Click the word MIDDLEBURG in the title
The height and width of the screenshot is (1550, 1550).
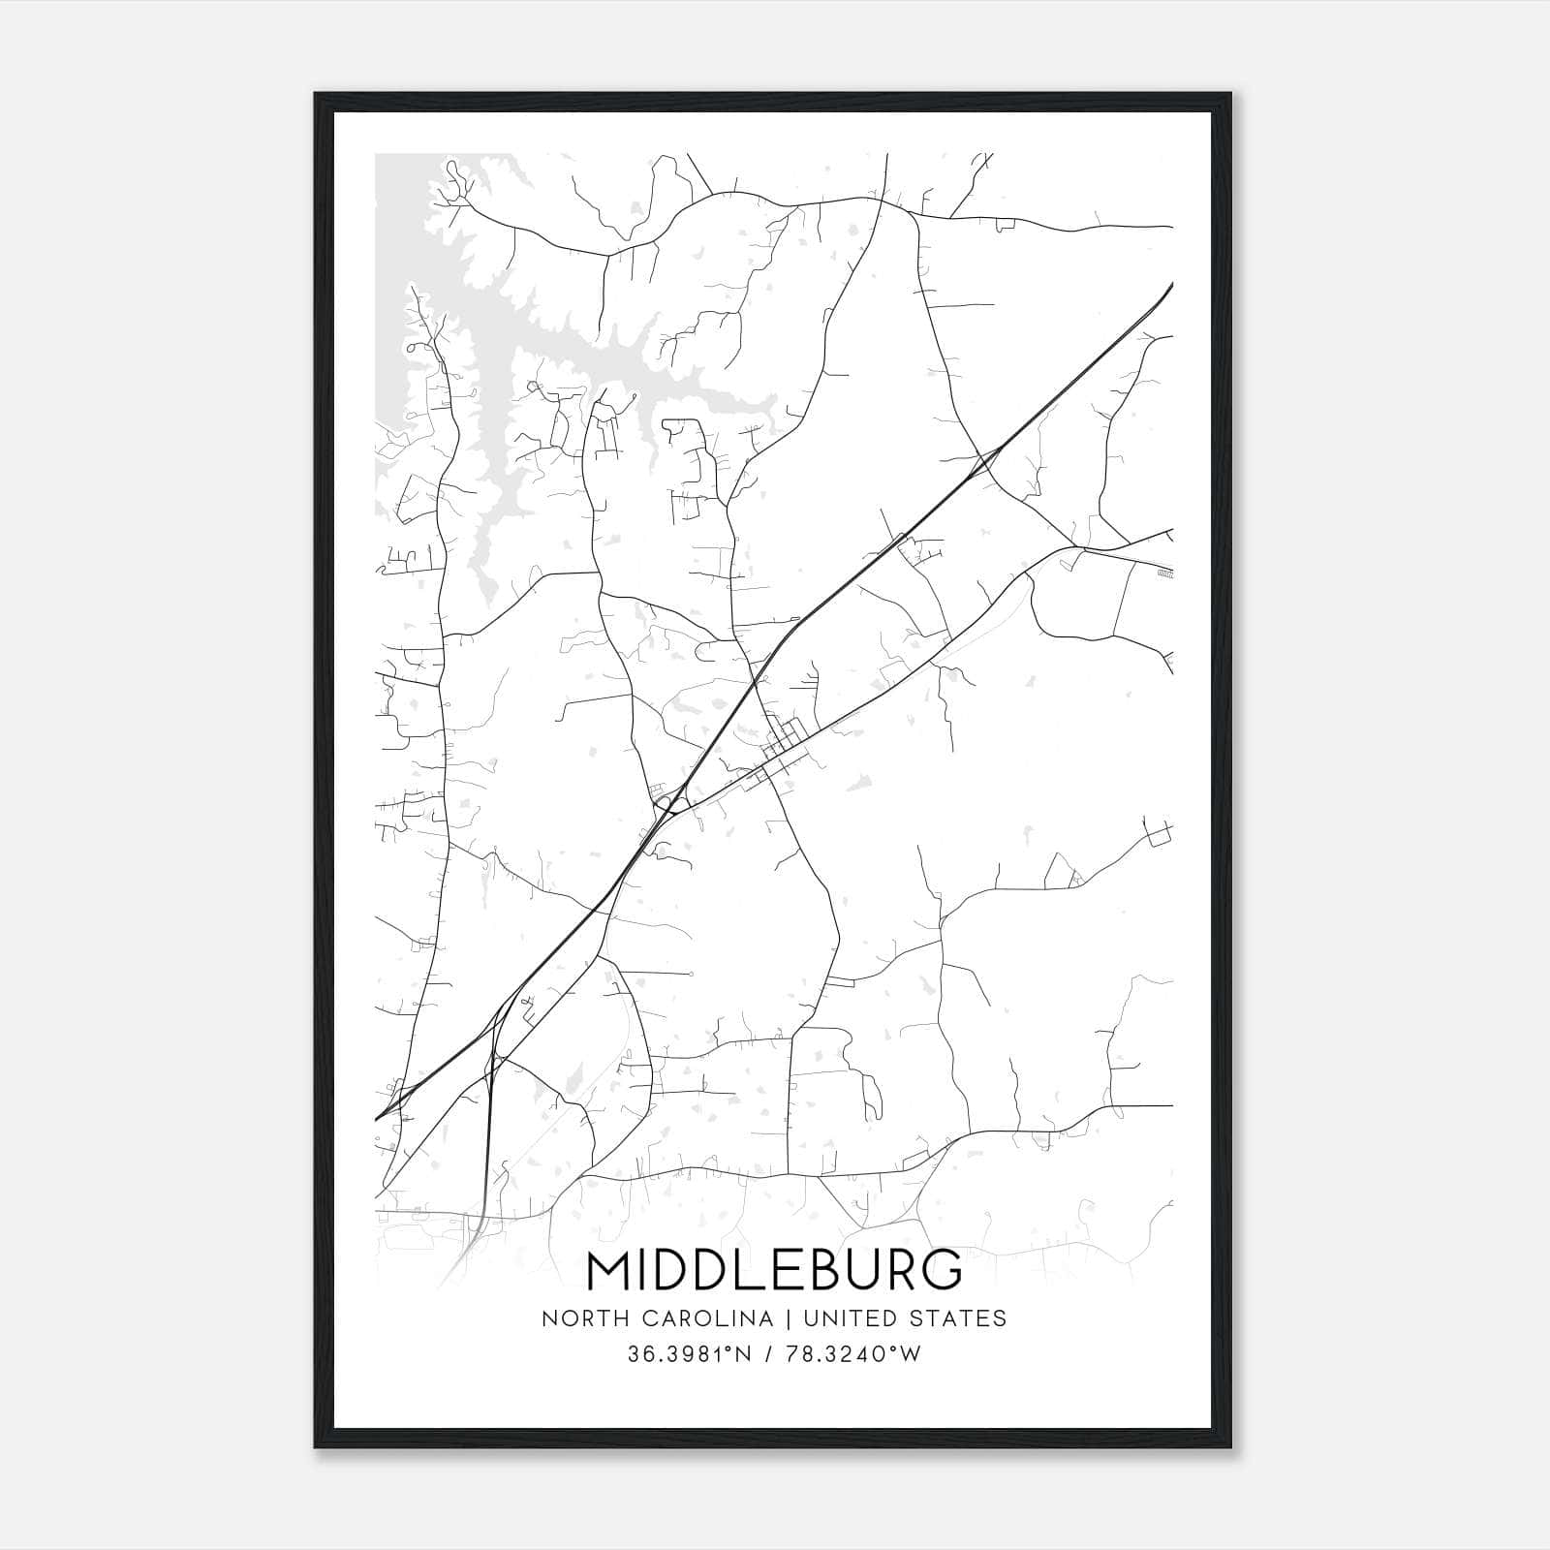775,1270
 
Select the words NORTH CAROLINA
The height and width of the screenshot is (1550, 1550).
658,1318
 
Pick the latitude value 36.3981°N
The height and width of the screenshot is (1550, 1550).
690,1354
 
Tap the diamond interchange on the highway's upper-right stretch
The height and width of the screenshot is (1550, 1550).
986,462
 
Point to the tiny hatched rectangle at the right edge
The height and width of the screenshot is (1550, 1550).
1165,574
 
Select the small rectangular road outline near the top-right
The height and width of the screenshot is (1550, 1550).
1006,225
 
